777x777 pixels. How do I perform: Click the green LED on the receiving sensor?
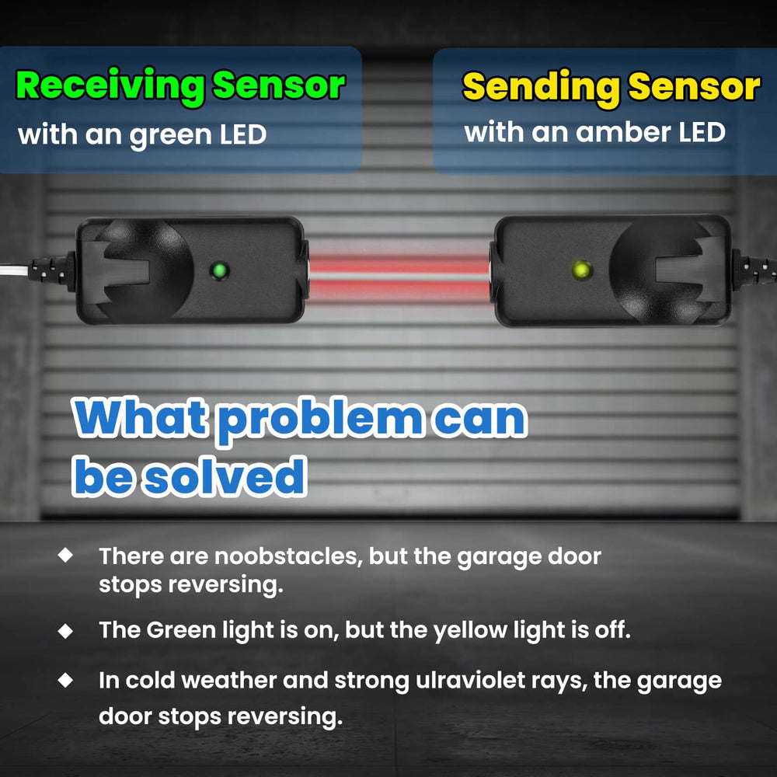219,270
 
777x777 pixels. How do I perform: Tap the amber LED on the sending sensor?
582,270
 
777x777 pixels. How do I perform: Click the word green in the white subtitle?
170,135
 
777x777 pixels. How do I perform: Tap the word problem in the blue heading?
321,420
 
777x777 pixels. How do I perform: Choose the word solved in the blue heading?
225,476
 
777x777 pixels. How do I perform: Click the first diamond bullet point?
65,555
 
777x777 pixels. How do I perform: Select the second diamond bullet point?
65,631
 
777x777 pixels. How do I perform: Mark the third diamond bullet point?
65,680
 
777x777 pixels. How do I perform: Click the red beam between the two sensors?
399,274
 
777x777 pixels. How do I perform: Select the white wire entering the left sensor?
14,271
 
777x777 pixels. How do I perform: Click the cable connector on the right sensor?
753,270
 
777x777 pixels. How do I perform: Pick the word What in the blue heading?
141,417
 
